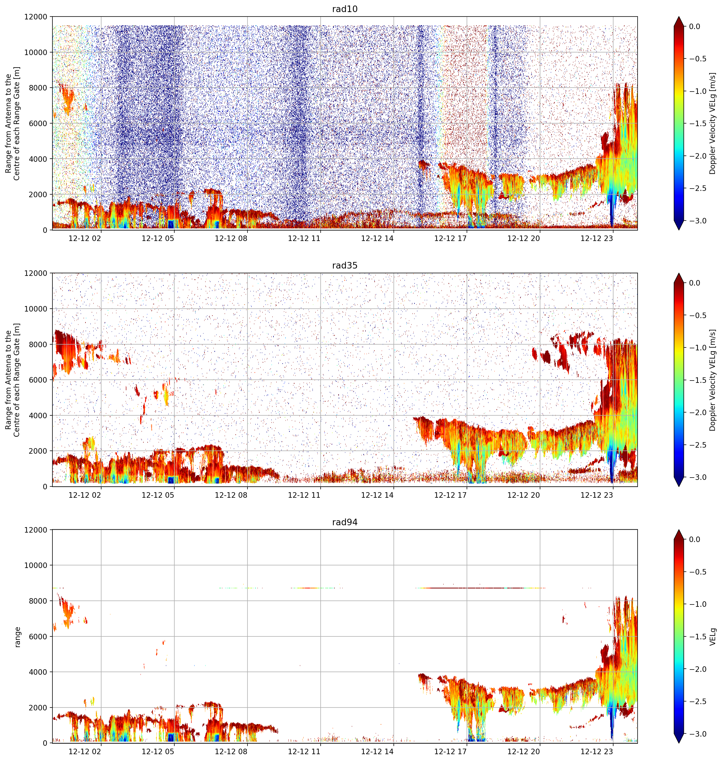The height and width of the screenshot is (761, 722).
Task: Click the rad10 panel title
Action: (344, 9)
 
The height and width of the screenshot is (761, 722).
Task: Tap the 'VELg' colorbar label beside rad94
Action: (713, 637)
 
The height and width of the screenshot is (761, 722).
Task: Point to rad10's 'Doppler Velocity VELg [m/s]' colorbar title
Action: (713, 123)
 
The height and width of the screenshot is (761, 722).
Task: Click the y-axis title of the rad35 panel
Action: (13, 380)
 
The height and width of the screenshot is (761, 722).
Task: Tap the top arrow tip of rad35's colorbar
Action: (678, 273)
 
